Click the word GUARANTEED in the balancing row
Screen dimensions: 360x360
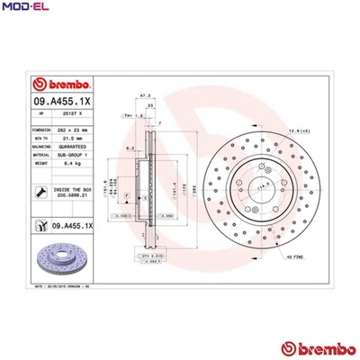click(70, 148)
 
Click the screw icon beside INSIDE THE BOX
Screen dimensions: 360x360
click(40, 192)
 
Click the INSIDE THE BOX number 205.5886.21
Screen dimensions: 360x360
click(70, 195)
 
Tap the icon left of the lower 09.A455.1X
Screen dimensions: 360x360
click(40, 225)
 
